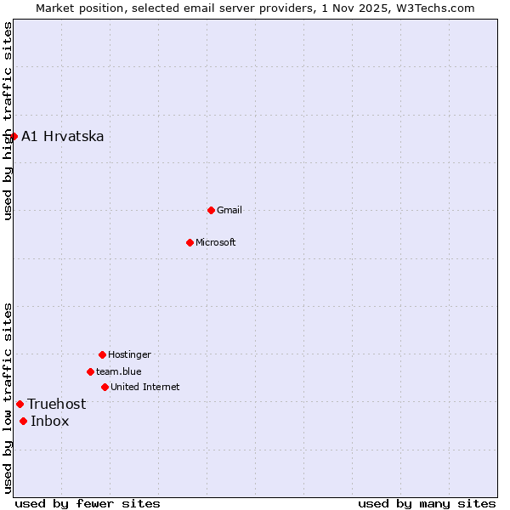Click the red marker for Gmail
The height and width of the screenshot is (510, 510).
coord(211,210)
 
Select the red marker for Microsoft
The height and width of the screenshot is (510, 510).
coord(190,242)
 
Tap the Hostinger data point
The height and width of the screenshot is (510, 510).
coord(102,354)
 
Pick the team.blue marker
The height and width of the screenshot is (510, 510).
coord(90,371)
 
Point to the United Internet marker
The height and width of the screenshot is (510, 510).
coord(105,387)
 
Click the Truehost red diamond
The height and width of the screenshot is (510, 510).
coord(20,404)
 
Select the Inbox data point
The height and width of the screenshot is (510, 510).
coord(23,421)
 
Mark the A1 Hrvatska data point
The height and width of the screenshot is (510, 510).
coord(14,136)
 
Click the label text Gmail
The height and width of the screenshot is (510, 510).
coord(229,210)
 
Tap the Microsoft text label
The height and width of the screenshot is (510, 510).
coord(216,242)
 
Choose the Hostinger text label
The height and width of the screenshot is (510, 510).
coord(129,354)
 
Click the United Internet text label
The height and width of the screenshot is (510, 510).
coord(145,387)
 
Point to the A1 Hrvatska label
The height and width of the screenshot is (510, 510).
coord(63,136)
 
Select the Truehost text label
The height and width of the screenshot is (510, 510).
coord(57,404)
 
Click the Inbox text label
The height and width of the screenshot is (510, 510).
coord(50,421)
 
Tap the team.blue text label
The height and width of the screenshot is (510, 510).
coord(119,371)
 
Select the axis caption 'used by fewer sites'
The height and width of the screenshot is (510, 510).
coord(88,503)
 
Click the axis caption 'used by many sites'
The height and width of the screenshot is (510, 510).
coord(427,503)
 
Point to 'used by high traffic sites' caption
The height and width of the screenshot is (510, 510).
coord(8,122)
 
